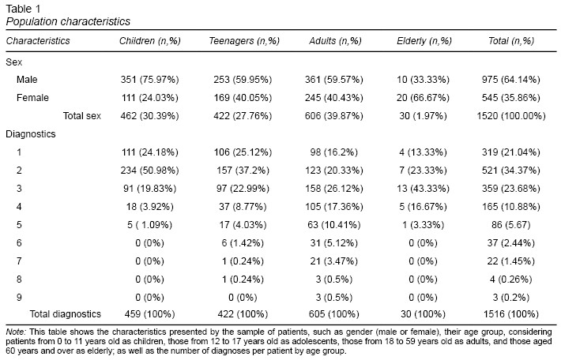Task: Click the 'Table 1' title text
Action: click(23, 9)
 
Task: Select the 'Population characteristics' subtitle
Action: click(68, 21)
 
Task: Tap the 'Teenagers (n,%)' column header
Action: click(244, 41)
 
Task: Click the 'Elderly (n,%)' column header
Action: click(424, 41)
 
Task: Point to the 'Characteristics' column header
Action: click(38, 41)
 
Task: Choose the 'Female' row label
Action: click(32, 98)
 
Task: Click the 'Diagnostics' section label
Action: click(31, 134)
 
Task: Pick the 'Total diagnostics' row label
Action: click(66, 314)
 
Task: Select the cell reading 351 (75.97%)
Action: click(149, 80)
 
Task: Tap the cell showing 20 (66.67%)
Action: click(423, 98)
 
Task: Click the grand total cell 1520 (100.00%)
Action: click(511, 116)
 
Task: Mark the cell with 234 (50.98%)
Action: click(149, 171)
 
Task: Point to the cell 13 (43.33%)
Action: click(423, 189)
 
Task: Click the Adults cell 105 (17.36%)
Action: click(334, 207)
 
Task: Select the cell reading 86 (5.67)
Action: click(511, 225)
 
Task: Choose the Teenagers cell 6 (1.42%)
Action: click(243, 243)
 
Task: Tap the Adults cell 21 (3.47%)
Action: click(334, 261)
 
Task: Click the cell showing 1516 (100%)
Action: click(511, 314)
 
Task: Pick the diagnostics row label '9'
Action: click(19, 298)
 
